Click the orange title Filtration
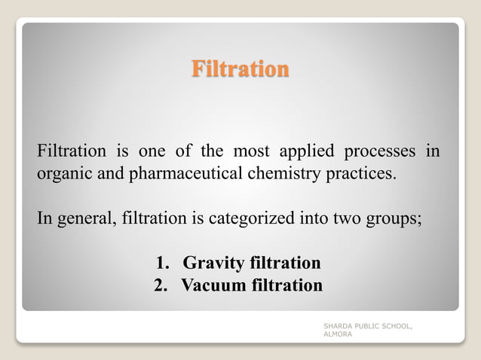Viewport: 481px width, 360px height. pyautogui.click(x=240, y=69)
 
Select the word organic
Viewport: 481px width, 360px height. pyautogui.click(x=62, y=175)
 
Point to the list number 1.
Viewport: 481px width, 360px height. pyautogui.click(x=161, y=263)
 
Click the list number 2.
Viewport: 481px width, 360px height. pyautogui.click(x=160, y=285)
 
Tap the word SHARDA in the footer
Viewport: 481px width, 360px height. pyautogui.click(x=338, y=325)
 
